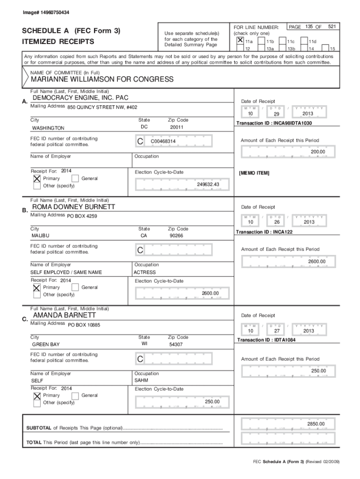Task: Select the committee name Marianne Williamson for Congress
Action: click(x=102, y=80)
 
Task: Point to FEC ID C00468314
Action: click(x=163, y=141)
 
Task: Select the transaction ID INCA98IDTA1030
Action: click(x=274, y=123)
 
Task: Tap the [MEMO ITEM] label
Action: click(x=254, y=173)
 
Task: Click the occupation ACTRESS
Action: click(x=144, y=272)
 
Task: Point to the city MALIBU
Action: click(x=40, y=236)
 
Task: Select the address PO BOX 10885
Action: click(x=84, y=324)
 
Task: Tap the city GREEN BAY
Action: click(x=45, y=345)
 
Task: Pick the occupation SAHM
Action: click(x=141, y=381)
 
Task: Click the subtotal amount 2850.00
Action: click(x=316, y=424)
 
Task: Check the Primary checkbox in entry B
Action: click(x=36, y=288)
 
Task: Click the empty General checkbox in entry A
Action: click(x=75, y=178)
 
